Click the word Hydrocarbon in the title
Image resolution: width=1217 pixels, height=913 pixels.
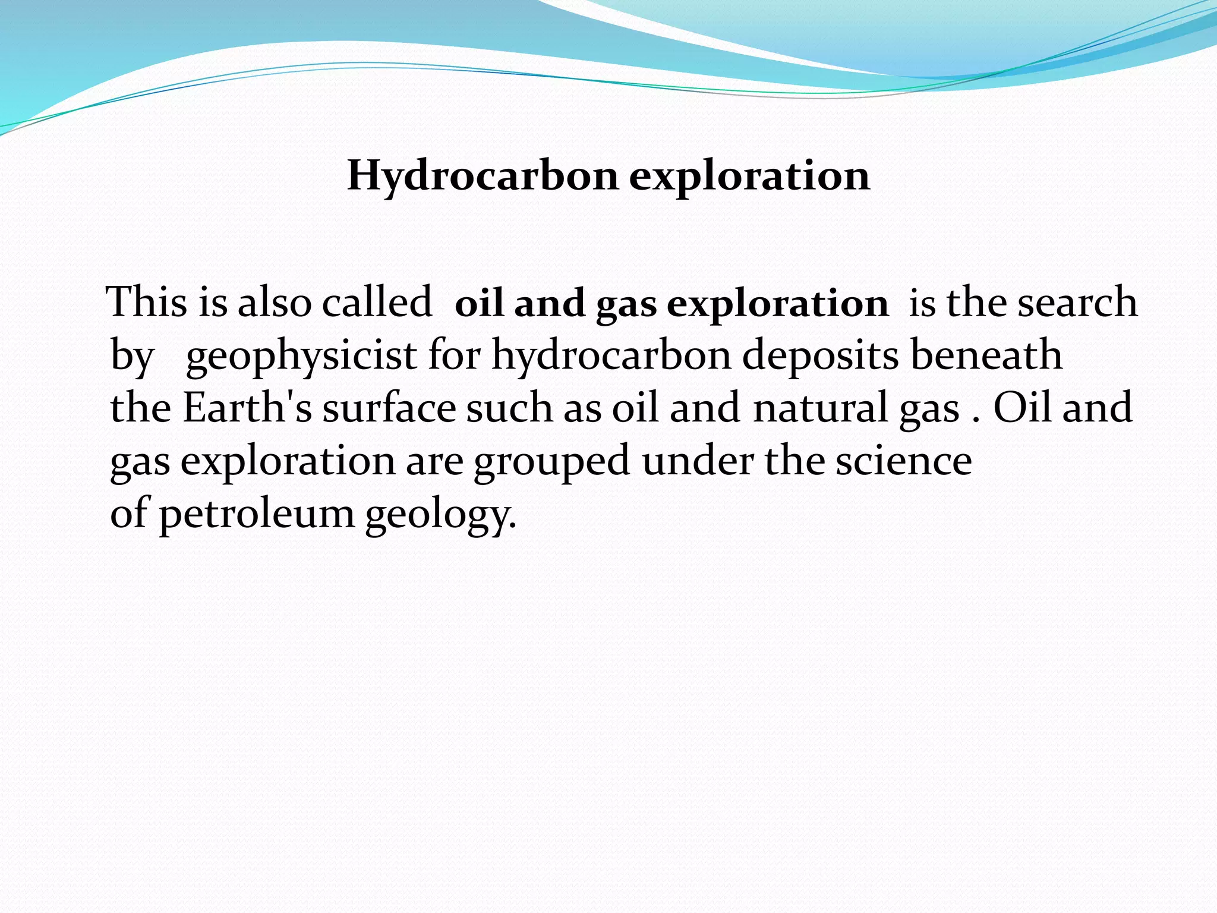click(x=483, y=177)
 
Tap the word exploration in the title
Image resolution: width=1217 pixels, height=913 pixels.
click(x=749, y=177)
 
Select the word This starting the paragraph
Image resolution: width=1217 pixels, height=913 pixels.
click(x=147, y=302)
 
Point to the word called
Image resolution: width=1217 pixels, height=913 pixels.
click(x=377, y=302)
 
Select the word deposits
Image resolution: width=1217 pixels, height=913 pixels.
click(x=821, y=355)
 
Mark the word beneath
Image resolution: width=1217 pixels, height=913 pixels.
click(x=986, y=355)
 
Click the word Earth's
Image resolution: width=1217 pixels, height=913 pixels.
click(x=247, y=408)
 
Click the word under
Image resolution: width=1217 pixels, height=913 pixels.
click(x=698, y=461)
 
